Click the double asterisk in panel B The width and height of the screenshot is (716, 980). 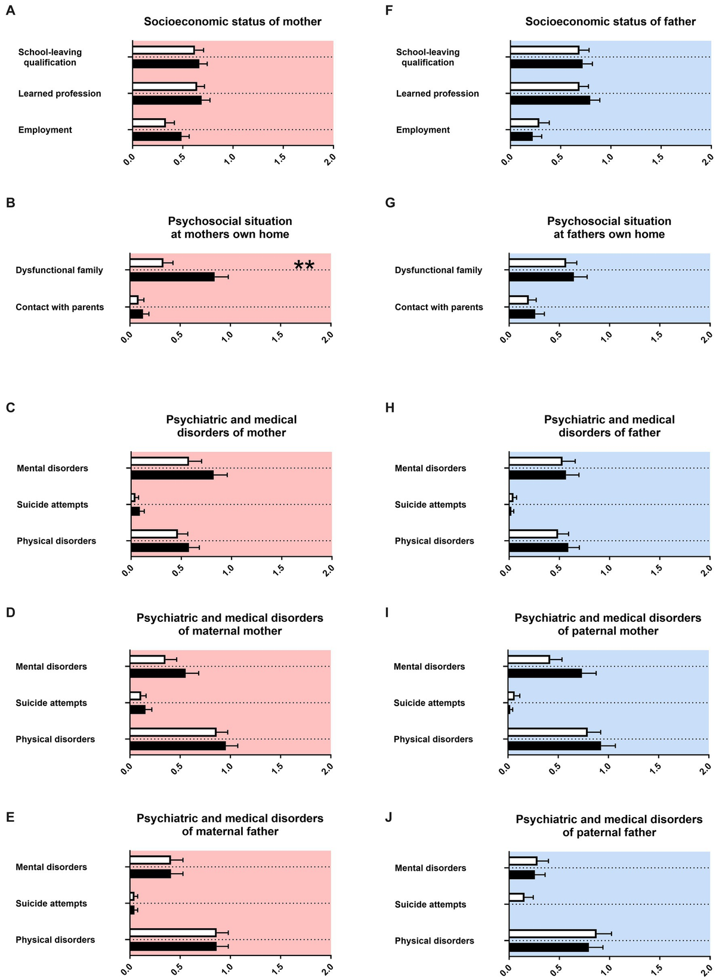click(304, 266)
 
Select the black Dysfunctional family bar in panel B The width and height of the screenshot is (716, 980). click(172, 277)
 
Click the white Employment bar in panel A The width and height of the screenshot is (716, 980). click(149, 123)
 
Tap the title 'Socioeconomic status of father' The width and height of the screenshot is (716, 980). click(610, 21)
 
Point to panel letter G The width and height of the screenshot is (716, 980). click(390, 202)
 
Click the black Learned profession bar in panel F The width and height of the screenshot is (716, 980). click(550, 100)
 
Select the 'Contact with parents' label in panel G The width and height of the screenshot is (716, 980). click(439, 307)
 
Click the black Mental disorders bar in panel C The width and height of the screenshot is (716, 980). click(172, 475)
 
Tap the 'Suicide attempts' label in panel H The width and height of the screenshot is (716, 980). click(430, 505)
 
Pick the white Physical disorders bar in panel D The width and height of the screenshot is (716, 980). click(172, 732)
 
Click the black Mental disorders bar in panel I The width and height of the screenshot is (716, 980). click(544, 673)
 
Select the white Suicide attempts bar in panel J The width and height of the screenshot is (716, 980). click(516, 897)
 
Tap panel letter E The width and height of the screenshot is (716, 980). click(10, 816)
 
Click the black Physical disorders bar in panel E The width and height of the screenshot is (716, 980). click(173, 946)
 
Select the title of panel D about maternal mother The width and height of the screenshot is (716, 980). click(230, 624)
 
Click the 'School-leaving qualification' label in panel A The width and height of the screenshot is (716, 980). click(50, 57)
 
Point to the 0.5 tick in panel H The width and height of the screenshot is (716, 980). click(556, 569)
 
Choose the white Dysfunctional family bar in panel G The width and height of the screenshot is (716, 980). click(537, 263)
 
